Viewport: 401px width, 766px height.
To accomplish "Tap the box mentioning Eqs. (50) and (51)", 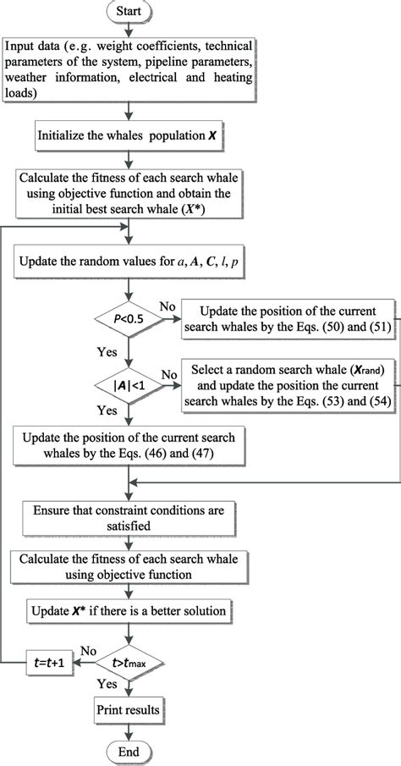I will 289,318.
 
